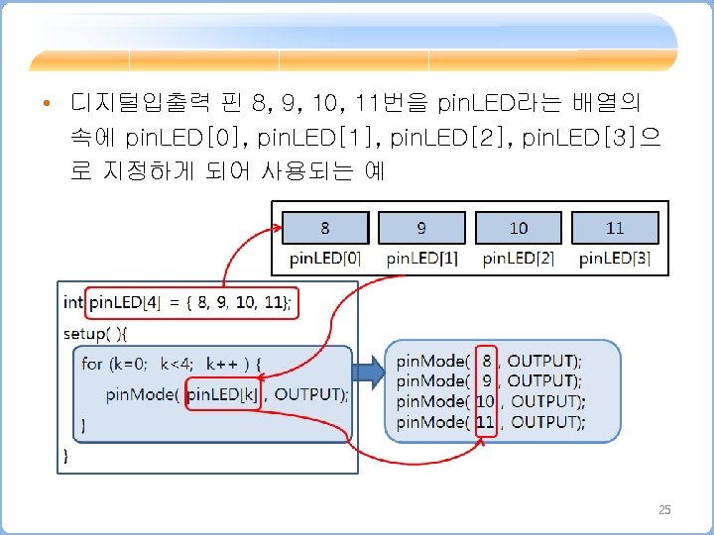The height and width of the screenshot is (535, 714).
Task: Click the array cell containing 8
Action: [325, 228]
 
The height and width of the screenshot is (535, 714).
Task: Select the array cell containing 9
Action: [421, 228]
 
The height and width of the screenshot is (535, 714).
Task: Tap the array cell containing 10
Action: [519, 228]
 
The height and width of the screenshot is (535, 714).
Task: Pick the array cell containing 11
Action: [615, 228]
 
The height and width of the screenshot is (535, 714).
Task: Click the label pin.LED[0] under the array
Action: [325, 259]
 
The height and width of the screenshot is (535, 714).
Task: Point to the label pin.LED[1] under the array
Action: [421, 259]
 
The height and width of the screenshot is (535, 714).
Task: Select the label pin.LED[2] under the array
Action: [519, 259]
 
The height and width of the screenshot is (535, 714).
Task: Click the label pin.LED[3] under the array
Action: [615, 259]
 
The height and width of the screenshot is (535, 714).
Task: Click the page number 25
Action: [664, 510]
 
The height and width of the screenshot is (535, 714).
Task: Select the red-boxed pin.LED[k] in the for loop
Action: [223, 394]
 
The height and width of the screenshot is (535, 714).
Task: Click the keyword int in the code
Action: [73, 301]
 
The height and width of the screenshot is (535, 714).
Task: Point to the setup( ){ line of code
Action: [103, 333]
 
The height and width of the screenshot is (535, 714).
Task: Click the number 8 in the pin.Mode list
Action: [486, 361]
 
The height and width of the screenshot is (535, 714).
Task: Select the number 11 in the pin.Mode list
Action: [485, 422]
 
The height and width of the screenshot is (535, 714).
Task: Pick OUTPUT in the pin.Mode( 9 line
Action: [544, 380]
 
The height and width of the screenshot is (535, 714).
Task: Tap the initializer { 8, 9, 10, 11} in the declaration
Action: [244, 301]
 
